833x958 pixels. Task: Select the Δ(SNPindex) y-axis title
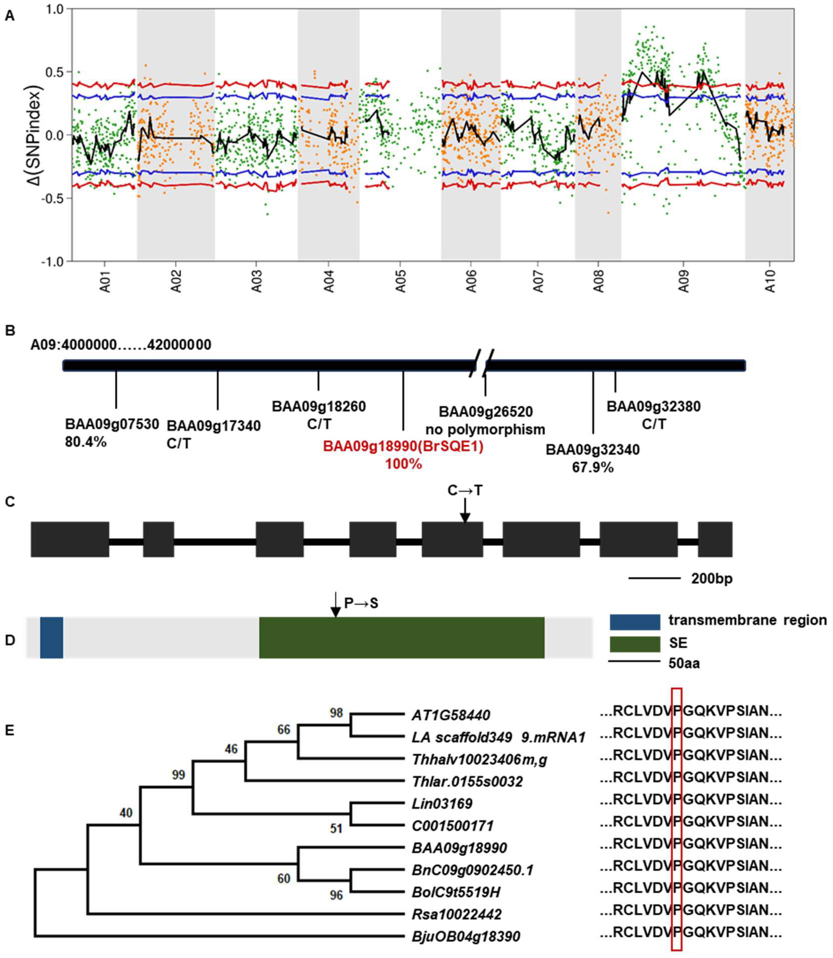pyautogui.click(x=35, y=135)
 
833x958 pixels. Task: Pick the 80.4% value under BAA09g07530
pyautogui.click(x=86, y=441)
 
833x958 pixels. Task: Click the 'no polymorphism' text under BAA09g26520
pyautogui.click(x=485, y=429)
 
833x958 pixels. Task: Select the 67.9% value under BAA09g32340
pyautogui.click(x=593, y=467)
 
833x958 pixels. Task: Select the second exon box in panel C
pyautogui.click(x=159, y=539)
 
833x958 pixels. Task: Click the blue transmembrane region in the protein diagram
pyautogui.click(x=52, y=637)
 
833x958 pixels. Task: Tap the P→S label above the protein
pyautogui.click(x=361, y=603)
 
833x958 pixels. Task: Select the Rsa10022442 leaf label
pyautogui.click(x=456, y=914)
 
